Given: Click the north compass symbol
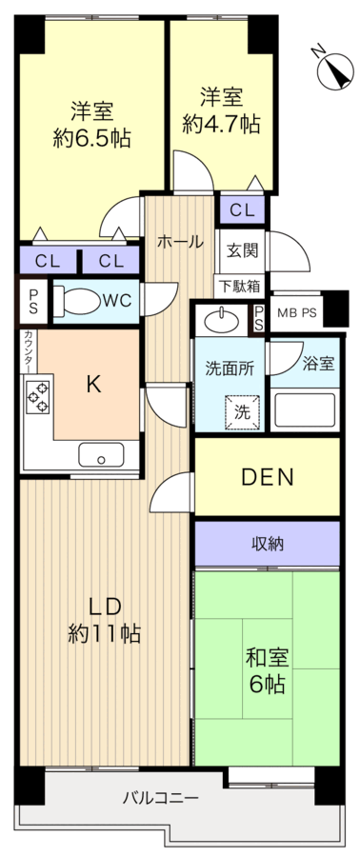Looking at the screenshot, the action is tap(334, 70).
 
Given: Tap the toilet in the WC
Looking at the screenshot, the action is tap(76, 300).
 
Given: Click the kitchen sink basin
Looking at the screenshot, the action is tap(101, 454).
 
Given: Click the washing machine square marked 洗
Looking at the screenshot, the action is tap(242, 412).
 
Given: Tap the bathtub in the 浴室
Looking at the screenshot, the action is tap(304, 409).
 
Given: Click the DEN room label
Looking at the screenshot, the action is tap(268, 478).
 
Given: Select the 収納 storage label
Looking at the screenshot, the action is tap(268, 544).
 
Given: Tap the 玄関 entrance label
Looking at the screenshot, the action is tap(241, 251).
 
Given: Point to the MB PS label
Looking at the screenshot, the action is tap(296, 313).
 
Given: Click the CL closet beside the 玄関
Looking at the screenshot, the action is tap(242, 209).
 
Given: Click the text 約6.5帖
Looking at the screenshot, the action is tap(91, 139).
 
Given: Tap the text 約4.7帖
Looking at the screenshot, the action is tap(221, 125).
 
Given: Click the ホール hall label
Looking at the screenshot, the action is tap(180, 241).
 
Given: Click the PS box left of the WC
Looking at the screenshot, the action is tap(33, 301).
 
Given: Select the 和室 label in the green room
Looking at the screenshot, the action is tap(267, 655).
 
